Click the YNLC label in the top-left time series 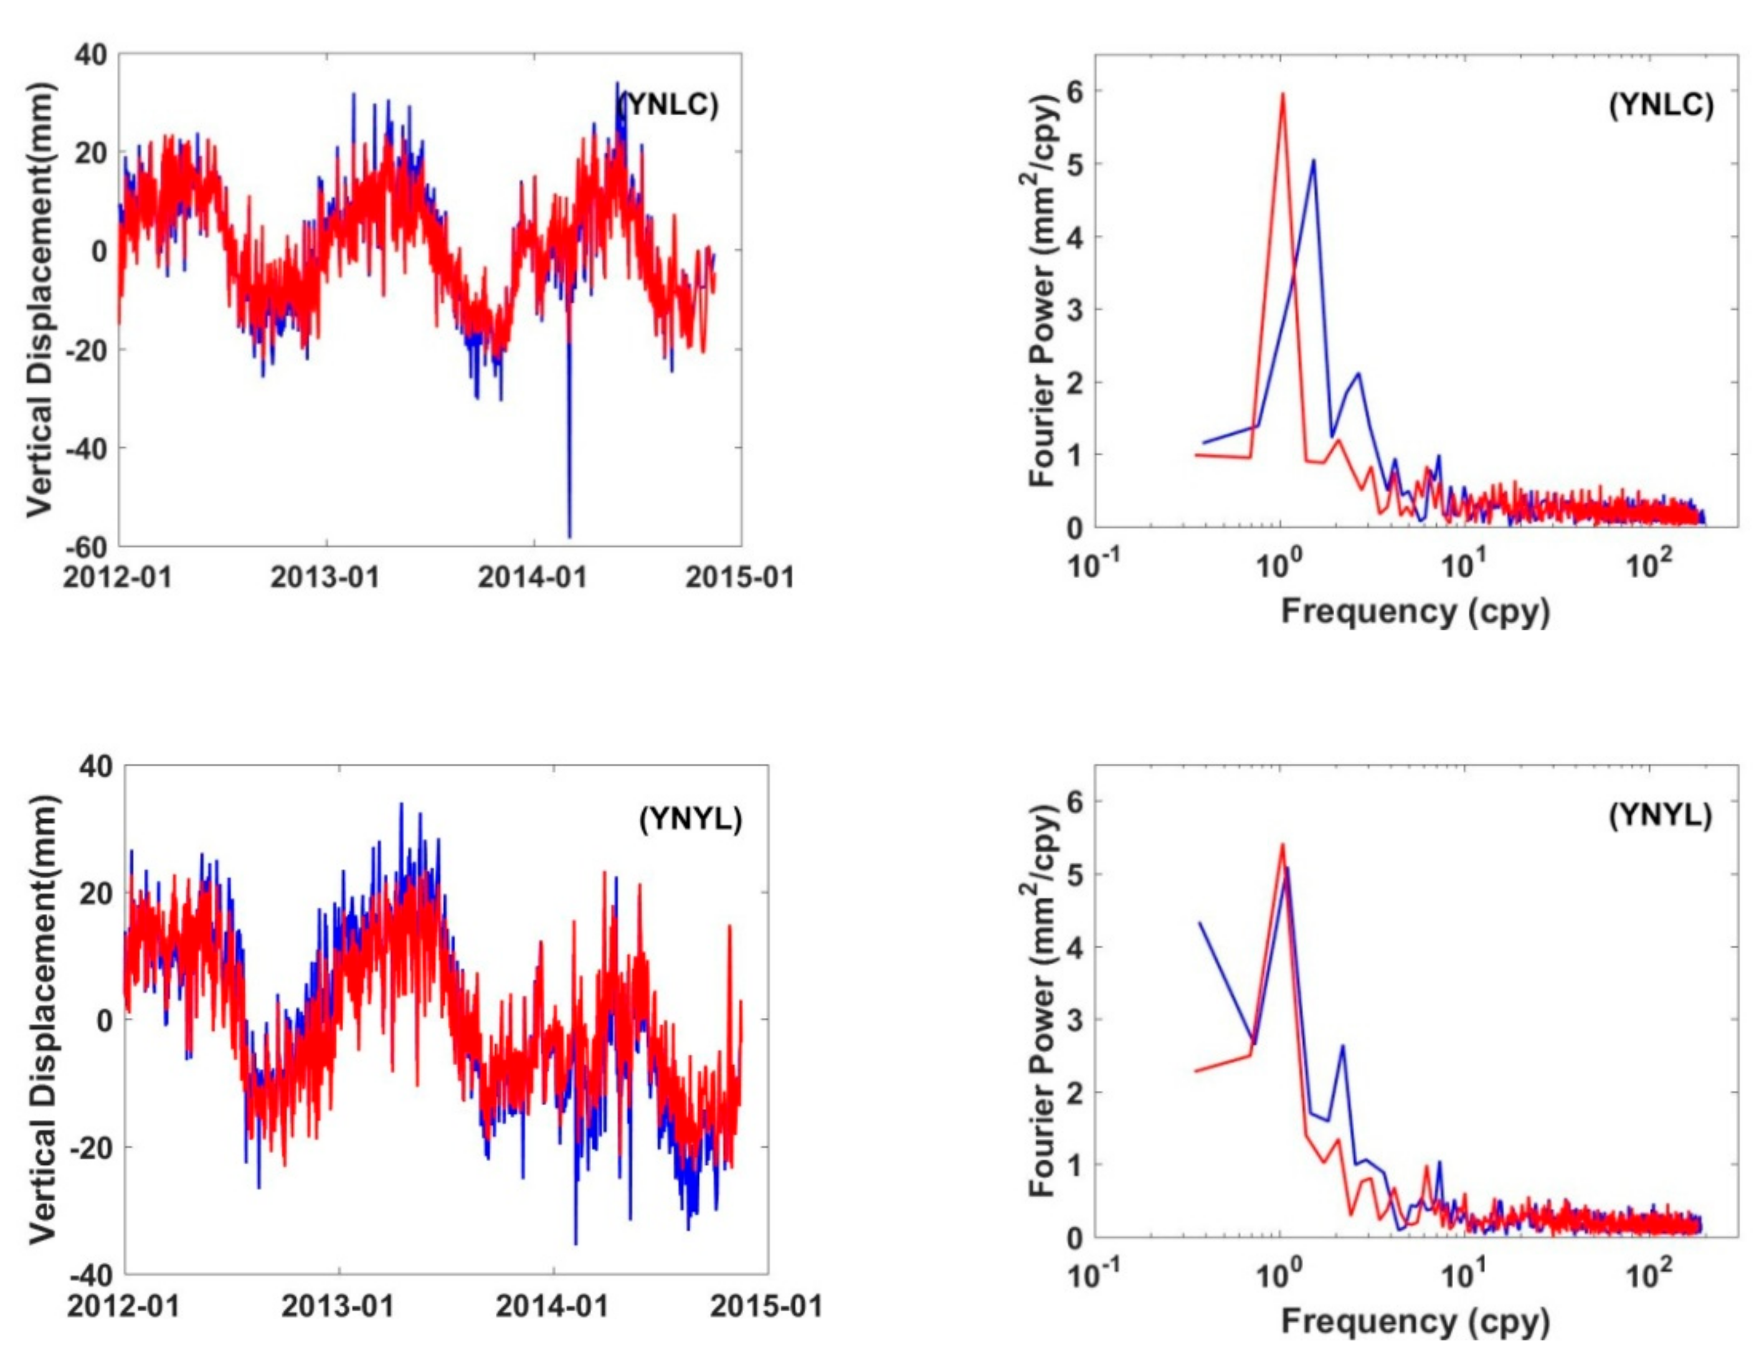668,105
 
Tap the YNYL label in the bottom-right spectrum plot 1660,817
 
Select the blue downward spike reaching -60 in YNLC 569,535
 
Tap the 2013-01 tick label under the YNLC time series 325,577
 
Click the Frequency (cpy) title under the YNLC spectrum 1415,612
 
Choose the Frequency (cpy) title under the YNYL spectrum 1415,1322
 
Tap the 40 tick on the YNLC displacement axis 91,55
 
